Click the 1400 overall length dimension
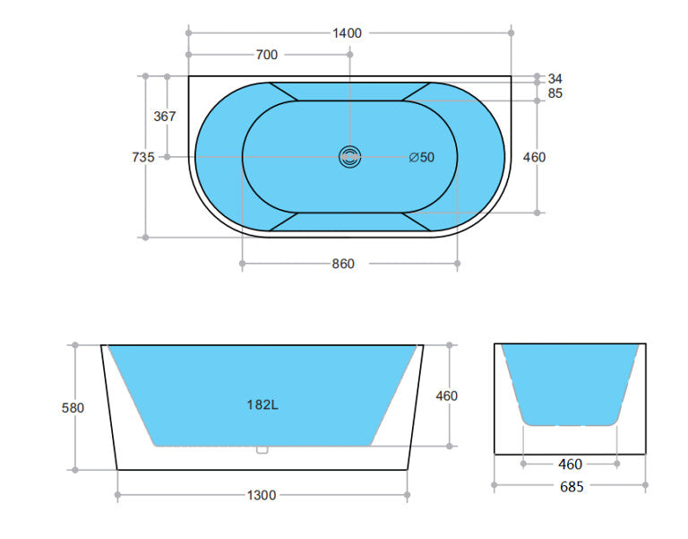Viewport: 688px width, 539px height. click(347, 33)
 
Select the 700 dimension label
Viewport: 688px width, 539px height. click(266, 55)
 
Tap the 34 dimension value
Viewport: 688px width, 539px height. click(555, 78)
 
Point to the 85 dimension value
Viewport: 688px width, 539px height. click(555, 92)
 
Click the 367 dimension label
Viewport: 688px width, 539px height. click(165, 116)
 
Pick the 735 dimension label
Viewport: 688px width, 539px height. click(143, 157)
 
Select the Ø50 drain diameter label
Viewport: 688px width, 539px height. click(421, 157)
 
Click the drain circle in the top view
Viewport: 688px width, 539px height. click(349, 157)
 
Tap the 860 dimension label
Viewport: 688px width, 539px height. click(343, 264)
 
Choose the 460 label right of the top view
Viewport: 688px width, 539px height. click(534, 157)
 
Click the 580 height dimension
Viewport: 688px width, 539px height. click(73, 407)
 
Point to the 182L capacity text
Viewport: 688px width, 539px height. click(262, 404)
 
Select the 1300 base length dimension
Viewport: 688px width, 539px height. click(261, 495)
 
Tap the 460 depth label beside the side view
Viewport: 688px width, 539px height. click(446, 396)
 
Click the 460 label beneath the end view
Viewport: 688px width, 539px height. click(570, 465)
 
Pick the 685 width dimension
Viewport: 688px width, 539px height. click(571, 487)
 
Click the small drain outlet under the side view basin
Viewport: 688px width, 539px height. click(262, 450)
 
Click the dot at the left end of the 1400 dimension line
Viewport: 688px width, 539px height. click(189, 33)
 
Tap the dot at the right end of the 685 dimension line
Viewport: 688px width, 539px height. click(645, 487)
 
